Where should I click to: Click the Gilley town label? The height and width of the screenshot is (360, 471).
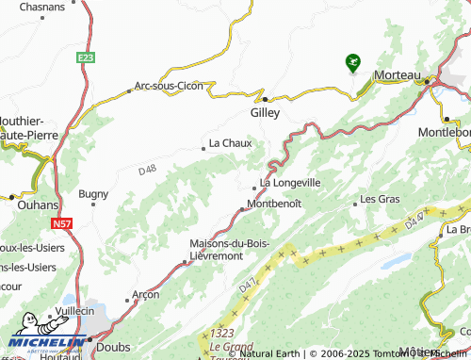266,111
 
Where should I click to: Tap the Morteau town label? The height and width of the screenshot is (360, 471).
397,74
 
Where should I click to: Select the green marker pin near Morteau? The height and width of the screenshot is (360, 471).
352,62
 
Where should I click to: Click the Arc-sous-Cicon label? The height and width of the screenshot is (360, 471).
169,86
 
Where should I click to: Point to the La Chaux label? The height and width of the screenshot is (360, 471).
229,143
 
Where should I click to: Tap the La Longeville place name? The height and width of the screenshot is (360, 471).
290,182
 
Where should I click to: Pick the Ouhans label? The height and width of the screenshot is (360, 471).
38,204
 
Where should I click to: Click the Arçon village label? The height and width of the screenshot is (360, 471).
145,293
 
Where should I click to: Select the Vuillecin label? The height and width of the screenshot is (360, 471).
75,310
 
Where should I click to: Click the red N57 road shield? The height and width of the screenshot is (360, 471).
61,223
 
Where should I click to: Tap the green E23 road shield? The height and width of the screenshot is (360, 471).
87,57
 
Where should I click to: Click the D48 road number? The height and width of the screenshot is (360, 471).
146,171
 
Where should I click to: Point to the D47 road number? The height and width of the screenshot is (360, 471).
248,282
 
